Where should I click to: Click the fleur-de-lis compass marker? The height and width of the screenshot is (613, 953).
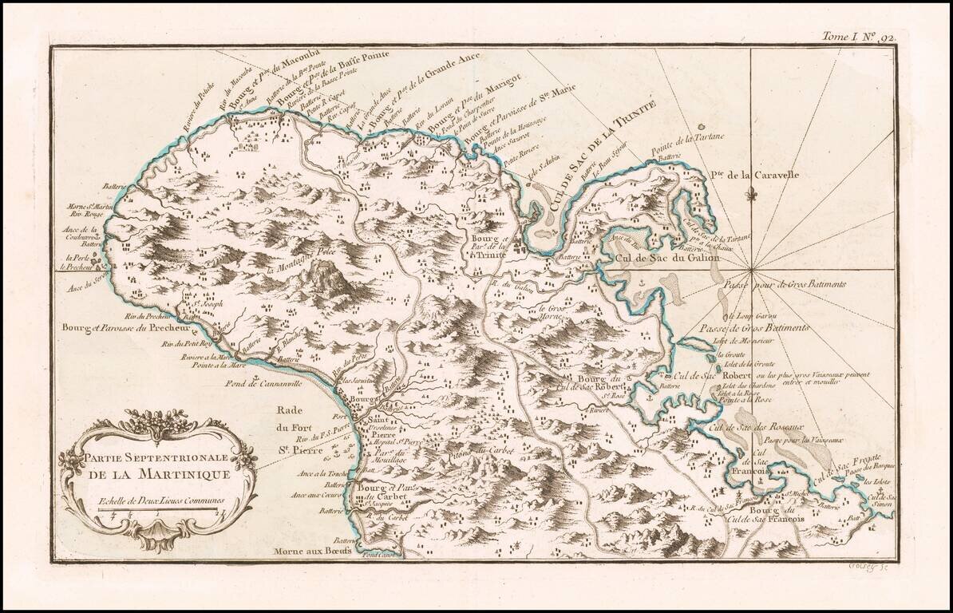coord(749,194)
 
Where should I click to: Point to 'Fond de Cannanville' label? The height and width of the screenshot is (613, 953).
coord(282,383)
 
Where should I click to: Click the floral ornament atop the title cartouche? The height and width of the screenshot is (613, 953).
coord(158,421)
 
